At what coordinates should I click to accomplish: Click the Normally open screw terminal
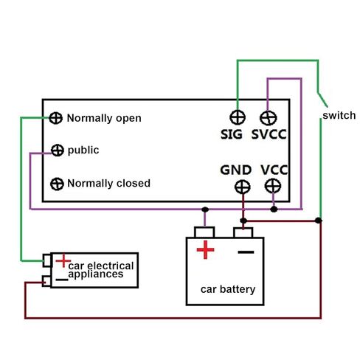[x=55, y=118]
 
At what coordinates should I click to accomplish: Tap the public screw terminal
[x=58, y=150]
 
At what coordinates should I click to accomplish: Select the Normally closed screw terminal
[x=57, y=184]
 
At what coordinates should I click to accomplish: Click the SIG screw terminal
[x=238, y=117]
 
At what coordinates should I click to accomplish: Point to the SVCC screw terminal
[x=269, y=118]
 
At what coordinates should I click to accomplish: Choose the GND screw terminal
[x=243, y=187]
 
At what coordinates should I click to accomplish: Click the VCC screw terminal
[x=273, y=186]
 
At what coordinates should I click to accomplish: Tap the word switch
[x=339, y=115]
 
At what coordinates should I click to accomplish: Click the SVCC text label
[x=269, y=134]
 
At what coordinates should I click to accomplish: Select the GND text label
[x=236, y=170]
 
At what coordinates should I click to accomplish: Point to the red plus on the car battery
[x=205, y=250]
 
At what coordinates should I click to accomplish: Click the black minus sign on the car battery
[x=246, y=252]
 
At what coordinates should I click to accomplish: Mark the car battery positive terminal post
[x=204, y=232]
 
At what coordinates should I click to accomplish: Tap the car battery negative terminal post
[x=243, y=232]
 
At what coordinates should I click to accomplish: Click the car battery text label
[x=228, y=289]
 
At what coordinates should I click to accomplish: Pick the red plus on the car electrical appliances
[x=63, y=260]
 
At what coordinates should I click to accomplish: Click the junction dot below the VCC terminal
[x=274, y=210]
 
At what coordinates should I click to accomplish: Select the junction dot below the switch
[x=318, y=221]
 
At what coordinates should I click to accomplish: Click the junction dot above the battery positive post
[x=205, y=210]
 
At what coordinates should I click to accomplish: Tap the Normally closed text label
[x=108, y=184]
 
